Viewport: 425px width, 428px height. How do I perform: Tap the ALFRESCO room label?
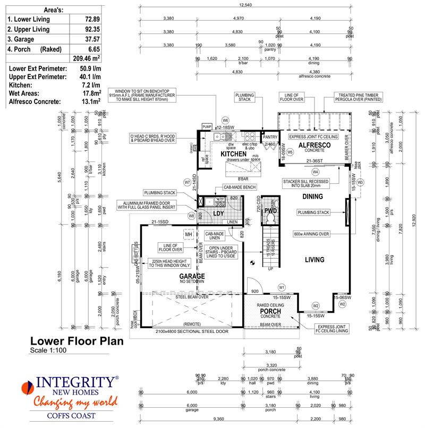(314, 145)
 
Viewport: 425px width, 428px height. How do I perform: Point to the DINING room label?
(313, 196)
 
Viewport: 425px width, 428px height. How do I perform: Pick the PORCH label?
(270, 312)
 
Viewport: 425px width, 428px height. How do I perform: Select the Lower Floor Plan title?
(76, 341)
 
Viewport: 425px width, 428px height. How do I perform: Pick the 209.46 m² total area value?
(85, 59)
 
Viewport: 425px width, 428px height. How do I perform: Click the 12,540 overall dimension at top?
(245, 5)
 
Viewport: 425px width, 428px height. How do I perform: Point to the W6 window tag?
(225, 120)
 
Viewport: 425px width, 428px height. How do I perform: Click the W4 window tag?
(315, 172)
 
